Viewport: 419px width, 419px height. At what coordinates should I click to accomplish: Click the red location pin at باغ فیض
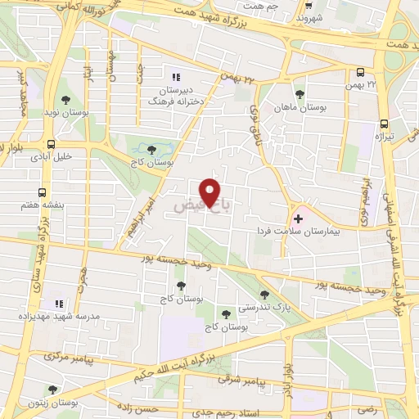[210, 193]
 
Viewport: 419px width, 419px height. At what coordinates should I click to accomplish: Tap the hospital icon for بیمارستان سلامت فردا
[298, 219]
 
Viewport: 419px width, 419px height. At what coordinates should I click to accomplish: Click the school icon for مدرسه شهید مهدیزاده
[57, 304]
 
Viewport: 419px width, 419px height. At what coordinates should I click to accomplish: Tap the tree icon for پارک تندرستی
[264, 294]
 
